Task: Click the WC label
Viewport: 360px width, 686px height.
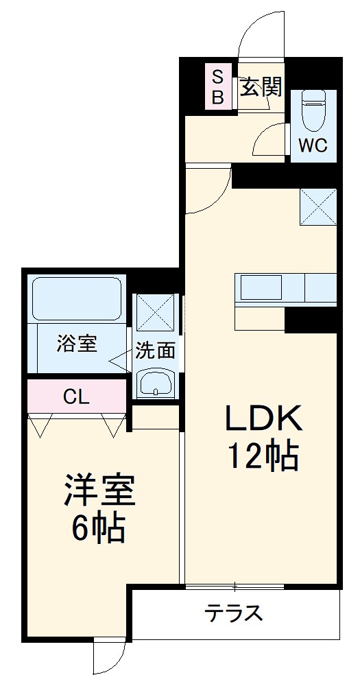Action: tap(313, 145)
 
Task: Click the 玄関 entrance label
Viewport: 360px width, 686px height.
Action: tap(261, 86)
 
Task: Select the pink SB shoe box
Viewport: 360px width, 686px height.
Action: tap(217, 86)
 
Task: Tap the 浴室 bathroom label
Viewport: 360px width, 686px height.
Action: tap(76, 343)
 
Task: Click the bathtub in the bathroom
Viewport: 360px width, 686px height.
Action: tap(76, 298)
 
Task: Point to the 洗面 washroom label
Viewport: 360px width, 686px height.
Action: tap(155, 350)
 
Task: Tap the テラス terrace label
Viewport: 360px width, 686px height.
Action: tap(235, 613)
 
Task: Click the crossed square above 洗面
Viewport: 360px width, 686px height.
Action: tap(156, 312)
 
